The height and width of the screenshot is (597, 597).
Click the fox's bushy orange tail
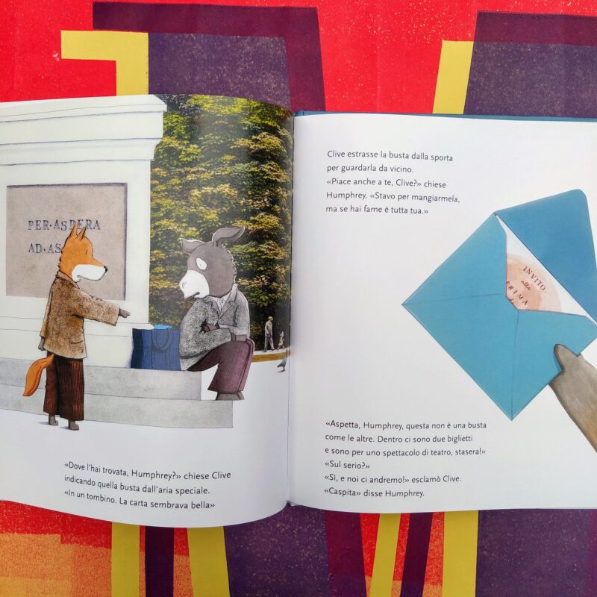[38, 375]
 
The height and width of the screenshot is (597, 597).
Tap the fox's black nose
[105, 269]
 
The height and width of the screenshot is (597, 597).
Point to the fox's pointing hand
[124, 313]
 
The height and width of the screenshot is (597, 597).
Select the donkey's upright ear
[228, 235]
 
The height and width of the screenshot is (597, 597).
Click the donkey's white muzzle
[193, 285]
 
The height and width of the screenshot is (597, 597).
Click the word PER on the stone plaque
[39, 225]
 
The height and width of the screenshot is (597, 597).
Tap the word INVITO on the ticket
[534, 278]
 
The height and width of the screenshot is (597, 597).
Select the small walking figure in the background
[269, 334]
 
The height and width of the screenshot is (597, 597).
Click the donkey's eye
[201, 264]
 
